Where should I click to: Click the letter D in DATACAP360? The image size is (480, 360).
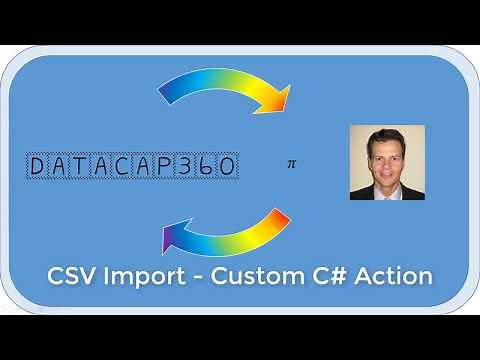(x=39, y=165)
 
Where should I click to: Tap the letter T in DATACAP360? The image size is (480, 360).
(x=82, y=165)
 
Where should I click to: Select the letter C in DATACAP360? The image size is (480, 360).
(x=125, y=165)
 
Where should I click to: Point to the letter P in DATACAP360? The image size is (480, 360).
(x=167, y=165)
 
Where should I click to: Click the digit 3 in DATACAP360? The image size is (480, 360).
(x=188, y=165)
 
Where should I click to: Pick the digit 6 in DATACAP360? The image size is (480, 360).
(x=209, y=165)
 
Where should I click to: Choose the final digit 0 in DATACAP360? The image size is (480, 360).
(x=229, y=165)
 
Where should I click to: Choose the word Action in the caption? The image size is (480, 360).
(x=404, y=276)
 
